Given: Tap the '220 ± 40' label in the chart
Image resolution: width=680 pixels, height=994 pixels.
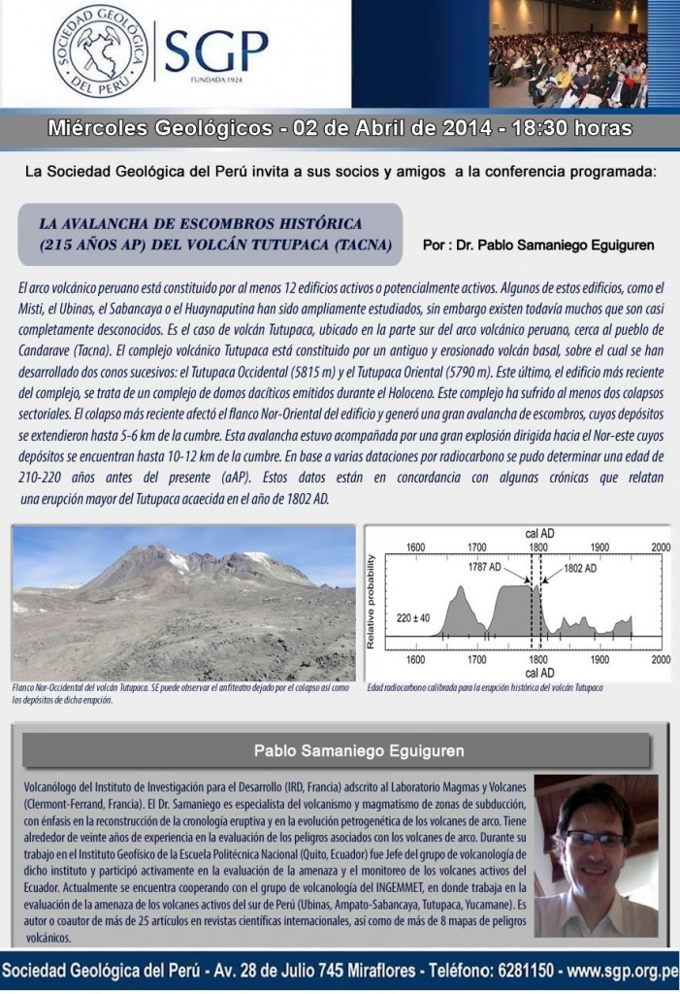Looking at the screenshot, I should [x=413, y=614].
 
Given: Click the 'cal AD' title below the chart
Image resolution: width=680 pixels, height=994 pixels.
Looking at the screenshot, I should [x=538, y=672].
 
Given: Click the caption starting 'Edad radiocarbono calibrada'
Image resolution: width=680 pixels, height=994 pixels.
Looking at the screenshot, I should [x=485, y=687].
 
